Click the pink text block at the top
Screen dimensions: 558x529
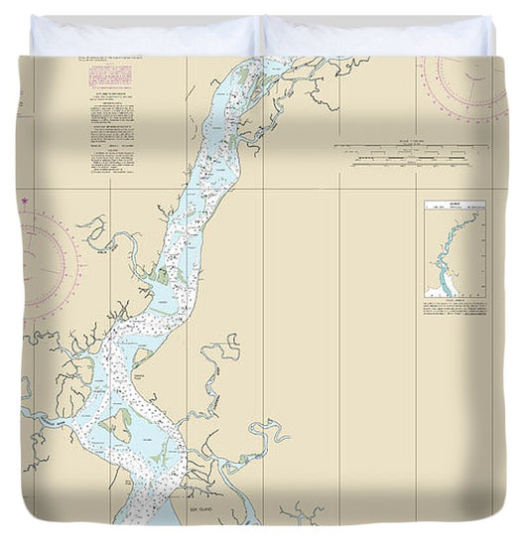(x=110, y=76)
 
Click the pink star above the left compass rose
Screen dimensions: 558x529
(x=24, y=201)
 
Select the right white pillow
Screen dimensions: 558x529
(x=377, y=36)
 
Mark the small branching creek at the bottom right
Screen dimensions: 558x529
(x=301, y=512)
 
